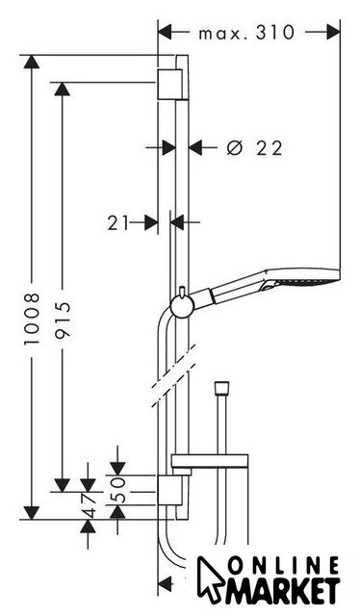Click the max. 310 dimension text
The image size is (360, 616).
click(x=246, y=33)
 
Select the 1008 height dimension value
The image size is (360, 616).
click(x=32, y=319)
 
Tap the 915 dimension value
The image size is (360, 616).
click(x=63, y=320)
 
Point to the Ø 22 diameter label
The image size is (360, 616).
click(x=255, y=148)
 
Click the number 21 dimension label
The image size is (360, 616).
click(x=117, y=223)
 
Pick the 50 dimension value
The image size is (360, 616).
click(x=117, y=490)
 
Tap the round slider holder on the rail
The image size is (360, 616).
click(x=182, y=306)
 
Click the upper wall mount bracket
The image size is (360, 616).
click(x=170, y=85)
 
